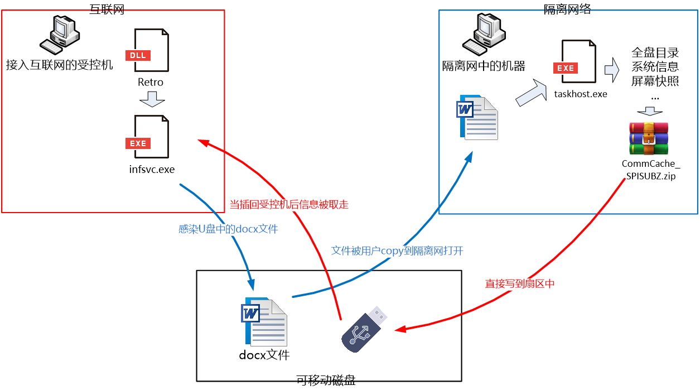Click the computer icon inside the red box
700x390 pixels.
point(60,35)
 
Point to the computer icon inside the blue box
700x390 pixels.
point(484,35)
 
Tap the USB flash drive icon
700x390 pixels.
point(364,329)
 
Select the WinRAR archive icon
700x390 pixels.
point(649,138)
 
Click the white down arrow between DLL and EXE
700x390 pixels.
point(152,99)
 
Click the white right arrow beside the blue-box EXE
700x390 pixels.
point(612,70)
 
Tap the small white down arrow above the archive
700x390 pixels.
point(649,111)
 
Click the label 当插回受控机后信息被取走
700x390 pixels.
point(289,205)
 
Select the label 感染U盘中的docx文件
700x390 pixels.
point(228,229)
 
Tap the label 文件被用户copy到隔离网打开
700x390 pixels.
point(397,251)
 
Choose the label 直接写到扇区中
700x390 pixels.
point(520,284)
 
